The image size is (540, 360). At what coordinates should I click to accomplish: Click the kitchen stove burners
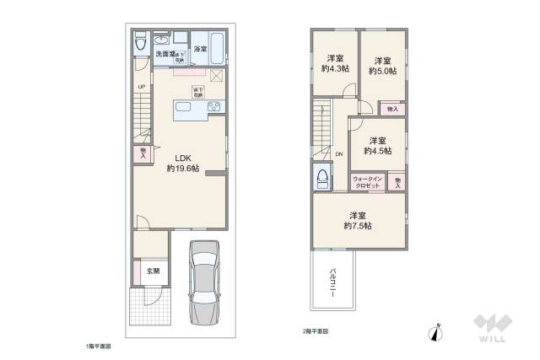coord(213,107)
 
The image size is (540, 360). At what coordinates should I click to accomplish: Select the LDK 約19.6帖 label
coord(182,163)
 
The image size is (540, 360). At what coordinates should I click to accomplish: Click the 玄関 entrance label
coord(152,271)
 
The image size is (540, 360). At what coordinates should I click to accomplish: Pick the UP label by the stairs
coord(142,88)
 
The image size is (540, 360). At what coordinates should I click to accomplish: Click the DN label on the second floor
coord(339,153)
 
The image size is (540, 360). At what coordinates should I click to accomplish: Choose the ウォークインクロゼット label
coord(368,181)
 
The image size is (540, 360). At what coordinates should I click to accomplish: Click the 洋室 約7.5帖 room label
coord(358,220)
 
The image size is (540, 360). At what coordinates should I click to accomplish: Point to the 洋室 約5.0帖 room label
coord(381,66)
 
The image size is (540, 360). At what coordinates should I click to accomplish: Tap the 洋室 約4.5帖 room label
coord(376,146)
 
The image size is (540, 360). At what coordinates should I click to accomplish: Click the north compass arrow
coord(436,333)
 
